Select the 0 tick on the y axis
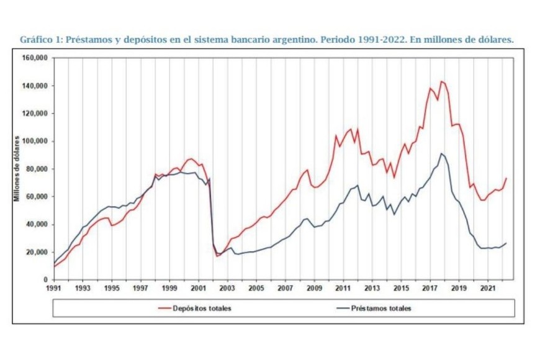[x=47, y=280]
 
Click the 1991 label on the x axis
[x=54, y=289]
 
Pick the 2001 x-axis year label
[x=198, y=289]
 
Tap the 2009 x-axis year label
[x=314, y=289]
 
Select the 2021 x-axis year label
[x=488, y=289]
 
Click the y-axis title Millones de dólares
[x=17, y=169]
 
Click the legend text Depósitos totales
[x=204, y=308]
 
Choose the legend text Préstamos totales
[x=380, y=308]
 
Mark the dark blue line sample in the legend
[x=341, y=308]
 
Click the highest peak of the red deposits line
[x=441, y=81]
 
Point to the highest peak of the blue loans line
[x=441, y=153]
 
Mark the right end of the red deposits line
[x=506, y=178]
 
